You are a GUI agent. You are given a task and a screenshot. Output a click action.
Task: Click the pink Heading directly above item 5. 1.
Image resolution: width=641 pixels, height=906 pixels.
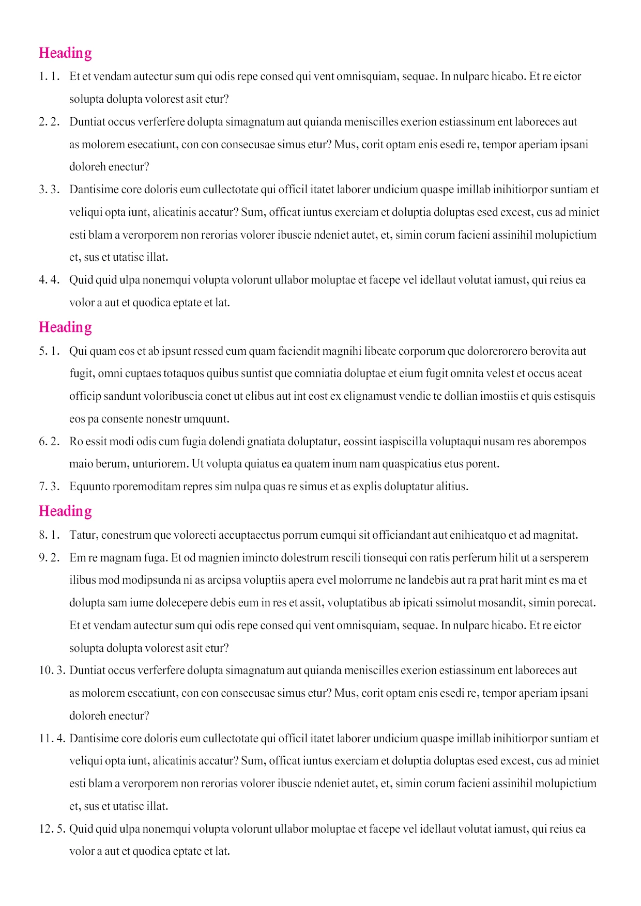click(x=65, y=327)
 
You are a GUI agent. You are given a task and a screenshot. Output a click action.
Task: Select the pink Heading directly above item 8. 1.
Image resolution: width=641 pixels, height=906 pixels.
click(x=65, y=511)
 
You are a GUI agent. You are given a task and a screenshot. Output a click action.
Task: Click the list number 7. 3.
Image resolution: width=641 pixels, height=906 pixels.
click(x=49, y=487)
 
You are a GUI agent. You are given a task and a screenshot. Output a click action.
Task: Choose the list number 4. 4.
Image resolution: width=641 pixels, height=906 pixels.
click(x=49, y=280)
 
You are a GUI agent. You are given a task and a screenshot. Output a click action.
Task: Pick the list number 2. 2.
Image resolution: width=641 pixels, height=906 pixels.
click(x=49, y=122)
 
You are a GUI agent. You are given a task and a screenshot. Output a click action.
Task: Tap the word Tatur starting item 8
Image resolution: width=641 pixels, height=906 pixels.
click(x=83, y=535)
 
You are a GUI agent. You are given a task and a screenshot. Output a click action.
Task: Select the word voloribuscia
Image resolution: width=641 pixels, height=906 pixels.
click(x=165, y=396)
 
